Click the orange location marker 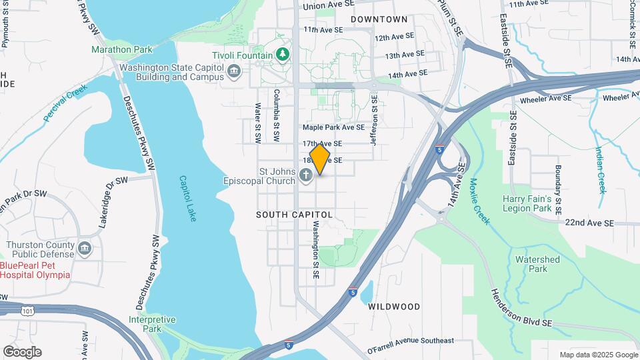point(320,159)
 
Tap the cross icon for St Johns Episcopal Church point(306,176)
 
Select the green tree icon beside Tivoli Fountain point(283,55)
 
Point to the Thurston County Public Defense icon point(85,249)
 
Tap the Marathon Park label point(122,49)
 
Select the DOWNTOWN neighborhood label point(379,19)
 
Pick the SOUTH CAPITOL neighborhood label point(294,215)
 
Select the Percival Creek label point(66,103)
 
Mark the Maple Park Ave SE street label point(333,127)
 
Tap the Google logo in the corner point(22,352)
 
